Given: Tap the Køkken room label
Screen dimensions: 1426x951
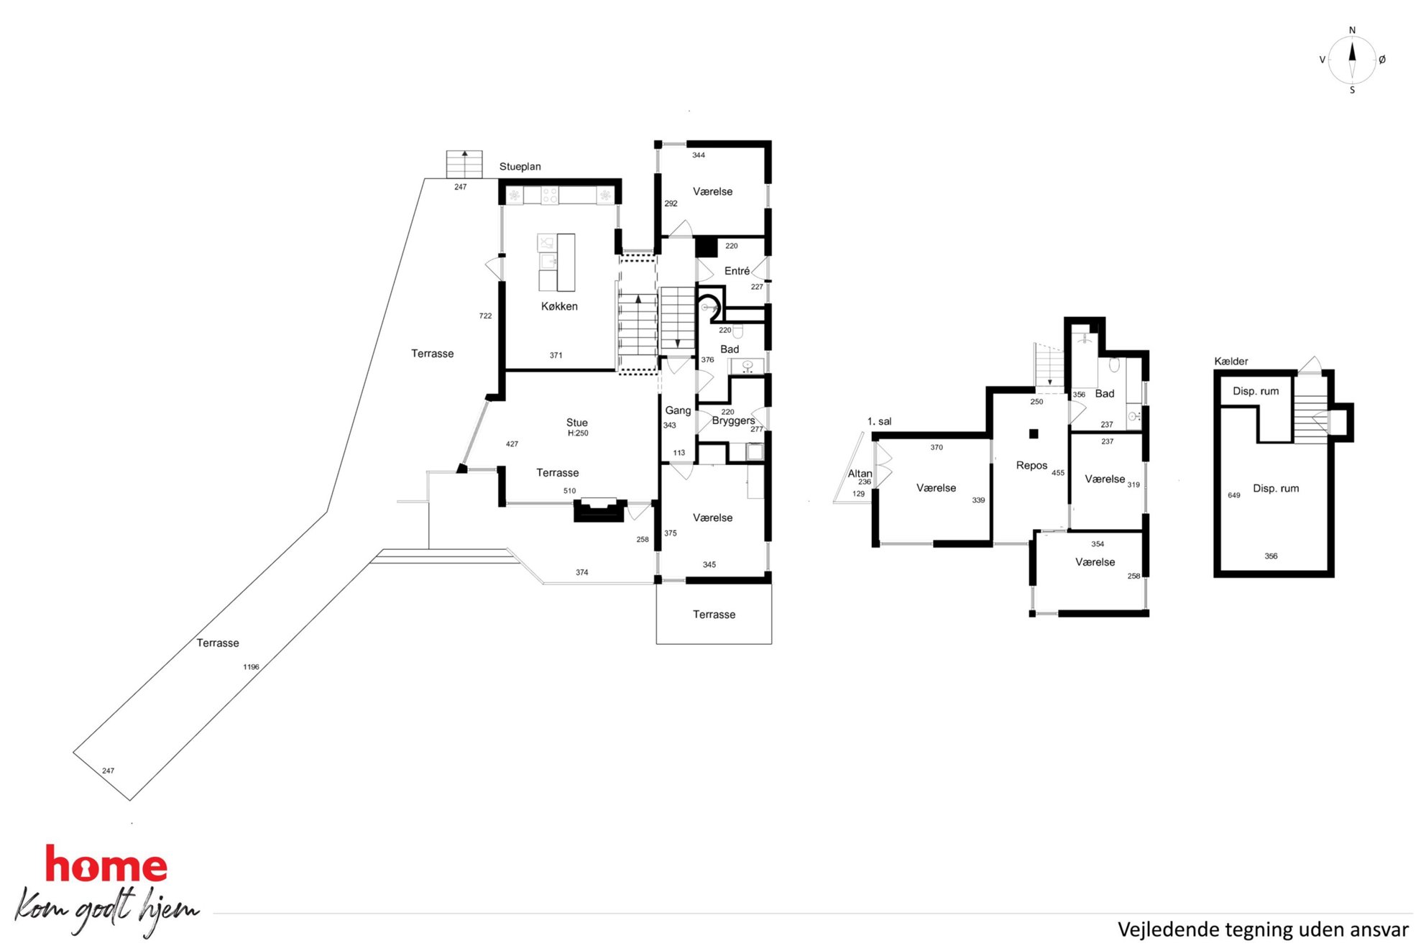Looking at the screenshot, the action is tap(559, 306).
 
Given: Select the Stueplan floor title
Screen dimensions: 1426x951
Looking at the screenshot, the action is tap(520, 167).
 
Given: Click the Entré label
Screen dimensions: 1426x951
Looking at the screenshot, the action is tap(737, 271).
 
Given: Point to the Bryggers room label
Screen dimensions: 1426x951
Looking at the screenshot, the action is tap(733, 421).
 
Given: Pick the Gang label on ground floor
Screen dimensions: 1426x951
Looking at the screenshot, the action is tap(678, 410).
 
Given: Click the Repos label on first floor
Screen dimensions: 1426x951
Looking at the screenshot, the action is tap(1031, 466).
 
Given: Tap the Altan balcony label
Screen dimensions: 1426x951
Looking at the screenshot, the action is tap(860, 474).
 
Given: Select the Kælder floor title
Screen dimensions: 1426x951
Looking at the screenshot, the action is tap(1230, 362).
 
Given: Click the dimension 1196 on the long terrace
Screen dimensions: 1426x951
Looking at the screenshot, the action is tap(251, 667).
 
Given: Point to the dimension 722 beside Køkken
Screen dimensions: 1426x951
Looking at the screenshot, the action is tap(485, 316).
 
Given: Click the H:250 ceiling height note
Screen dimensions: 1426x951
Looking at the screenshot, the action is tap(578, 433).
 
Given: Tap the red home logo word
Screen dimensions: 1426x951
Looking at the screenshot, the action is tap(106, 865).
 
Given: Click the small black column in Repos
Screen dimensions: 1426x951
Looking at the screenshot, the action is tap(1034, 433).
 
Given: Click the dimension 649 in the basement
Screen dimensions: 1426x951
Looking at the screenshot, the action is tap(1234, 495).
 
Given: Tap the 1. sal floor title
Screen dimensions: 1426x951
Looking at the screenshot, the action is tap(879, 422).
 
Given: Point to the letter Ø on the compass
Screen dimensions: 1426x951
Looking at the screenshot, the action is tap(1382, 60).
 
